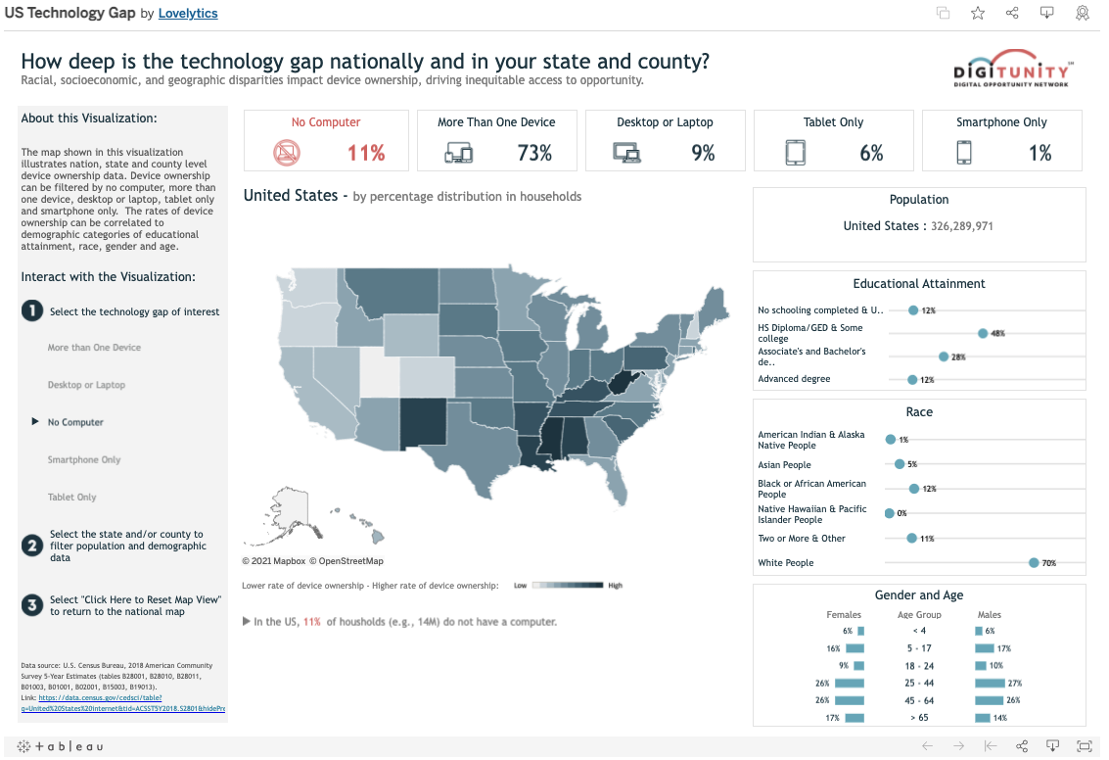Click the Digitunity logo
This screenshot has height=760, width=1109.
click(1013, 68)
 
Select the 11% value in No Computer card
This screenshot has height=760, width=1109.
click(366, 153)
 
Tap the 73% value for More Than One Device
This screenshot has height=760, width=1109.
click(534, 153)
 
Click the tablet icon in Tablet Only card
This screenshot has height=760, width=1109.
click(795, 153)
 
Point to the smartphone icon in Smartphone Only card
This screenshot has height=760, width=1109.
click(964, 153)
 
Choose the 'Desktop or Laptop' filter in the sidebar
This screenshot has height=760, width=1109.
click(86, 385)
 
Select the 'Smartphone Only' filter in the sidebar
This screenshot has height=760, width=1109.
click(84, 459)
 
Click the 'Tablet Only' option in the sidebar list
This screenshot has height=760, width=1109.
click(72, 497)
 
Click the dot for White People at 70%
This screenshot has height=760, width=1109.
click(1034, 563)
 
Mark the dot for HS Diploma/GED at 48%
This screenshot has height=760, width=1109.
click(983, 333)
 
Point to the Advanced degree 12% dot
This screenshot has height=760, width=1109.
click(912, 379)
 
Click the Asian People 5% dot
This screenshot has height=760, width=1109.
click(900, 464)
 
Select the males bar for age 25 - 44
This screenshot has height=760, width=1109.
click(990, 683)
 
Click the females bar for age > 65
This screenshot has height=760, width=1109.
click(855, 718)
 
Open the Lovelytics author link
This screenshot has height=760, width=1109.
click(188, 14)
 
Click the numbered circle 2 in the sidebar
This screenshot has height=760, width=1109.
click(32, 546)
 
